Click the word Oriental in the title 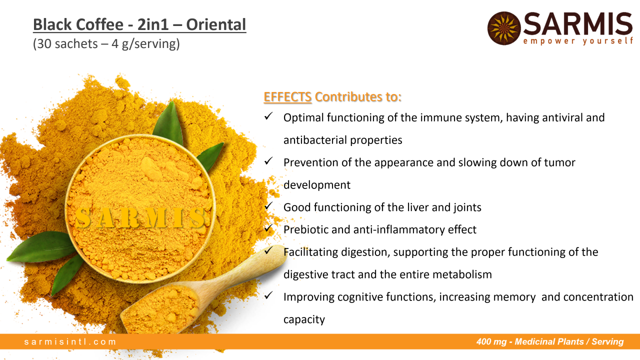coord(216,24)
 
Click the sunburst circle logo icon coord(504,28)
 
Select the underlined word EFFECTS coord(287,97)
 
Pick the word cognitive coord(360,297)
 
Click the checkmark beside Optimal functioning coord(268,116)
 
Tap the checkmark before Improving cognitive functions coord(268,295)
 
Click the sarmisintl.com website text coord(70,341)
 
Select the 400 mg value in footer coord(491,341)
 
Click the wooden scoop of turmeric coord(200,291)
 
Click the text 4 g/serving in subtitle coord(145,44)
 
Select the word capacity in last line coord(304,319)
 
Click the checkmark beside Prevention coord(268,161)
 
